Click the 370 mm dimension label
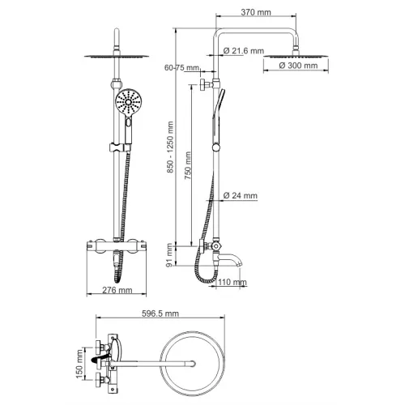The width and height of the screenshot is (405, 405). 245,13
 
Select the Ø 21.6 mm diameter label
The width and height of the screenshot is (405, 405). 245,51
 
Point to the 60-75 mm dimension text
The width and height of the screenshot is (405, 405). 180,68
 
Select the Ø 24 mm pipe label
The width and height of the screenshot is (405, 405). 241,196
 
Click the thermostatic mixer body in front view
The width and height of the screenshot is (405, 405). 109,248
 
